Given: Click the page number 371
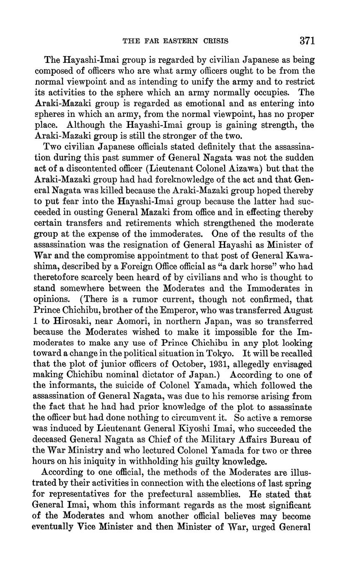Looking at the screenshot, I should (307, 41).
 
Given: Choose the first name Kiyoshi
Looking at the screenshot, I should (221, 429).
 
